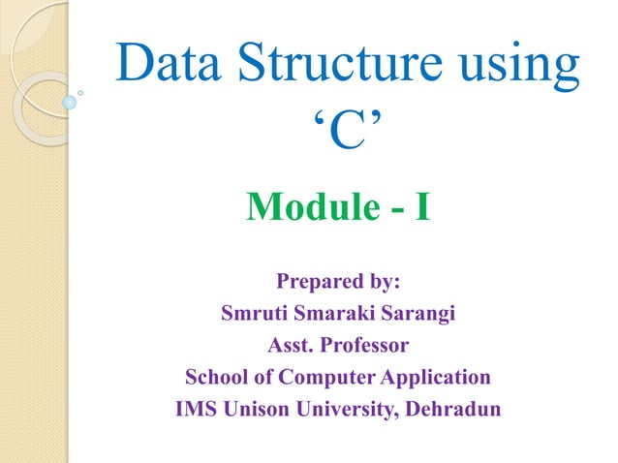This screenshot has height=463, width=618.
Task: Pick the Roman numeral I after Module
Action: tap(422, 206)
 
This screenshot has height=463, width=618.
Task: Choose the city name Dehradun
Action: tap(451, 408)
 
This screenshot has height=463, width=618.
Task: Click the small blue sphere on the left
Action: tap(70, 101)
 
